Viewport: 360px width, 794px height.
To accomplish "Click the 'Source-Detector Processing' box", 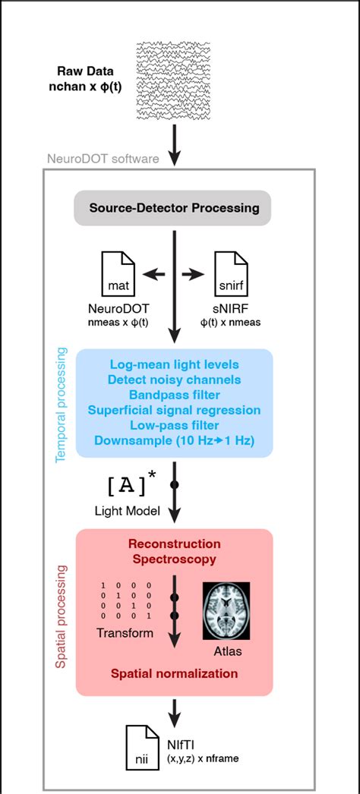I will pyautogui.click(x=174, y=208).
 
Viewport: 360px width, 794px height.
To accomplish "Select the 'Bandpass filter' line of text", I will pyautogui.click(x=175, y=395).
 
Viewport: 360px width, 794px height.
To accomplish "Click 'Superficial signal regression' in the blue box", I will pyautogui.click(x=175, y=410).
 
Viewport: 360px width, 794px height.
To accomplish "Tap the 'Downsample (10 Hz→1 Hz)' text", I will pyautogui.click(x=175, y=440).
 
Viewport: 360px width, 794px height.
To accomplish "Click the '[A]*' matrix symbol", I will pyautogui.click(x=129, y=484).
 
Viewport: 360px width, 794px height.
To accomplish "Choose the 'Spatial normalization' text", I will pyautogui.click(x=175, y=673).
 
